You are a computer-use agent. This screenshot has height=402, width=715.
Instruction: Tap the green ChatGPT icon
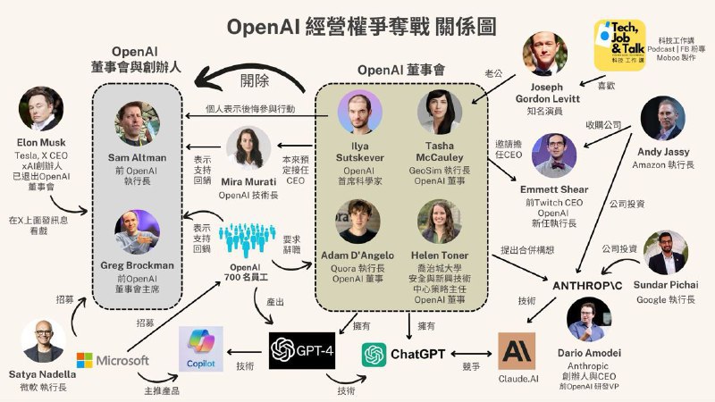point(374,355)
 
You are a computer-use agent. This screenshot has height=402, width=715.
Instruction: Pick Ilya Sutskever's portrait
point(360,113)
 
